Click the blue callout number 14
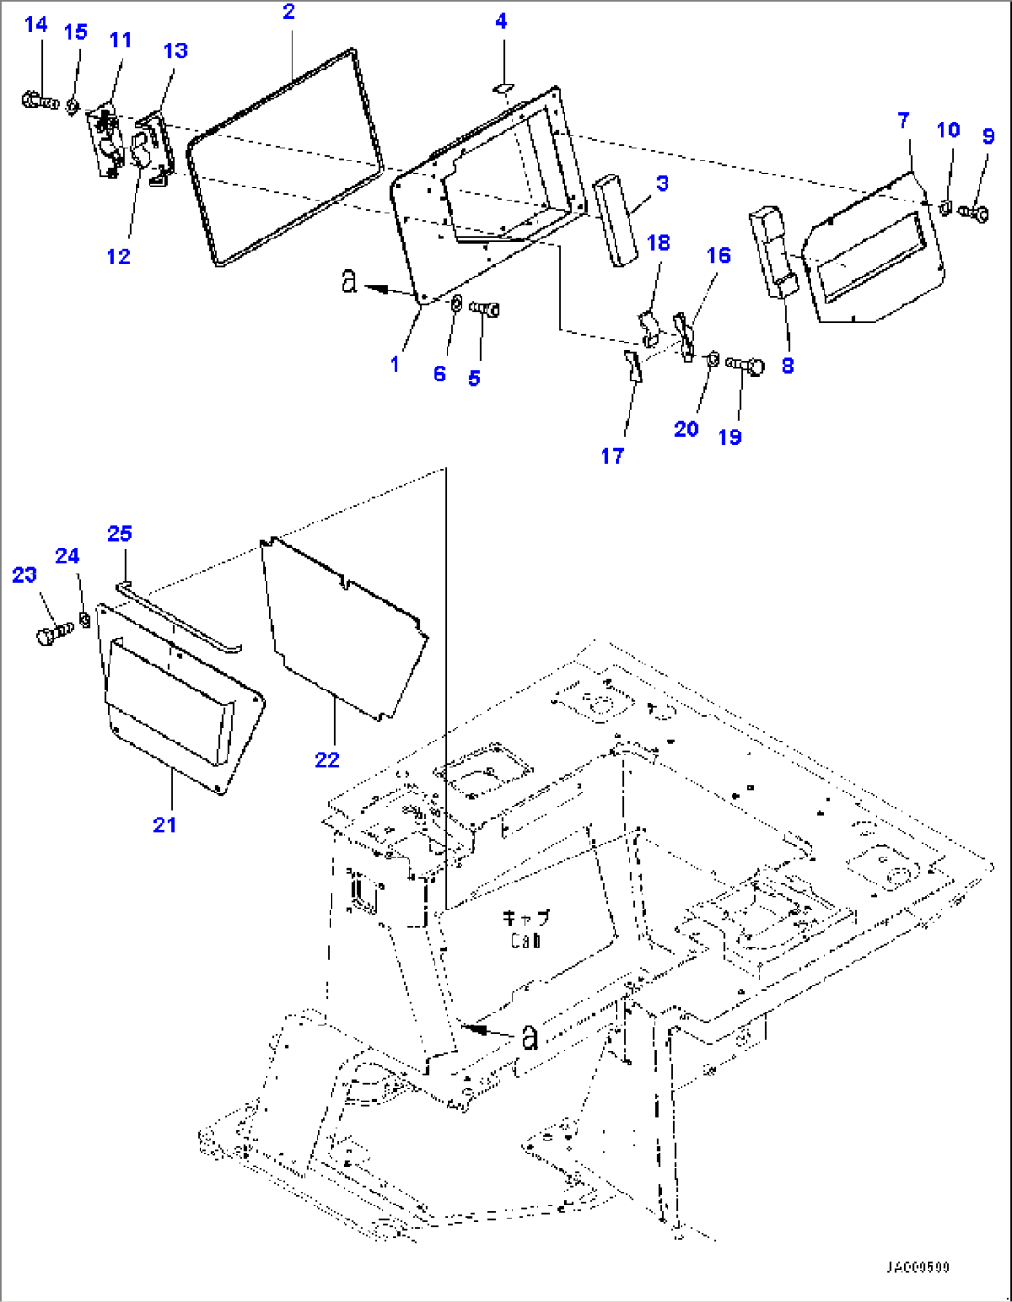(35, 24)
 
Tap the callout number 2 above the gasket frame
(289, 12)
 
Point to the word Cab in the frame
(525, 941)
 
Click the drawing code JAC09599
(916, 1268)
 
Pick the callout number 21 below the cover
(164, 824)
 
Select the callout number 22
(327, 759)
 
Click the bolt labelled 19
(745, 365)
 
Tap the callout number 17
(612, 456)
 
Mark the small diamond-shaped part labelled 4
(501, 87)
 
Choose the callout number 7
(903, 120)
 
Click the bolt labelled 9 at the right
(977, 213)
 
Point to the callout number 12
(118, 257)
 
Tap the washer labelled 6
(457, 303)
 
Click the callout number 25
(119, 534)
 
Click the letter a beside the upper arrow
(348, 280)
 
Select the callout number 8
(787, 366)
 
